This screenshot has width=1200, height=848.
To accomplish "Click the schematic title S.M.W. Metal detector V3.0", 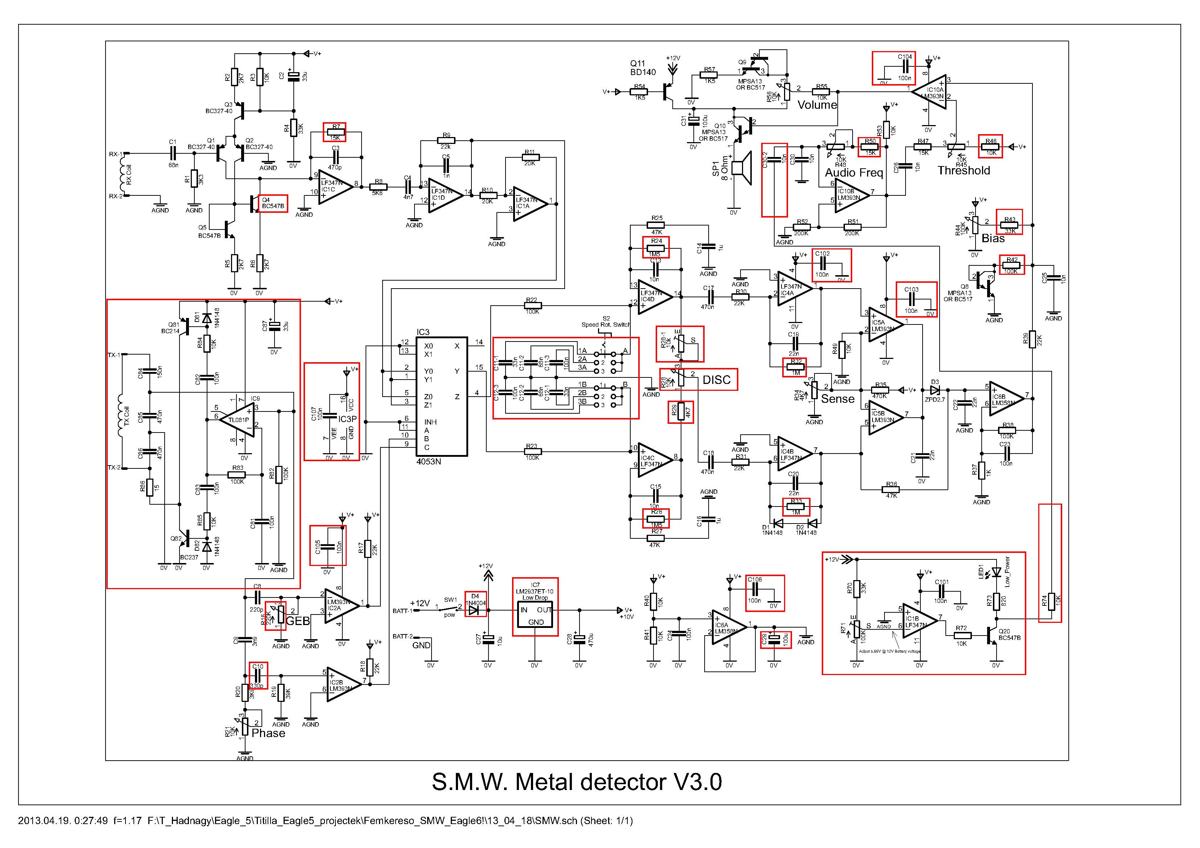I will click(577, 782).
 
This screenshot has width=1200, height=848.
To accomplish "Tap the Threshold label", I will click(963, 171).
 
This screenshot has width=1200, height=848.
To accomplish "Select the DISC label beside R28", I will click(716, 380).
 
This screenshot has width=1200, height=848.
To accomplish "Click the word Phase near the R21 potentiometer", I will click(268, 733).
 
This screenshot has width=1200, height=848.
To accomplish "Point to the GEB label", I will click(298, 621).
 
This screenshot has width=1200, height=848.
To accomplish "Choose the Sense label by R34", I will click(837, 399).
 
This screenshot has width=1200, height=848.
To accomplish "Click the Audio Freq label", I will click(853, 173).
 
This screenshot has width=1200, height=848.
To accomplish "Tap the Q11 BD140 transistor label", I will click(642, 68).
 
